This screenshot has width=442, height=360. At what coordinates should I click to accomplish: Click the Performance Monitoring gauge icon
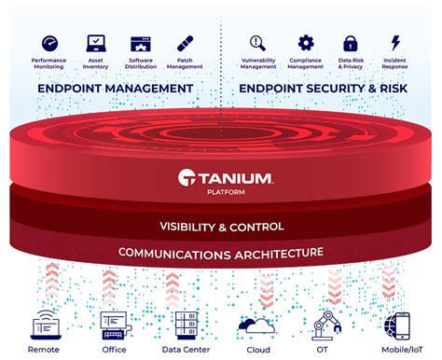pyautogui.click(x=50, y=43)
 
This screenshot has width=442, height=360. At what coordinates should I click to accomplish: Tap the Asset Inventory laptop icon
pyautogui.click(x=95, y=43)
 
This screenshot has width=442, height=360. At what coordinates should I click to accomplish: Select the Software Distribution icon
pyautogui.click(x=141, y=43)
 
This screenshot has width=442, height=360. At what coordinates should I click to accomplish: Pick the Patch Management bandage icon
pyautogui.click(x=186, y=43)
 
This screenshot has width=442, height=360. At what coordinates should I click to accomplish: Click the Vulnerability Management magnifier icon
pyautogui.click(x=259, y=43)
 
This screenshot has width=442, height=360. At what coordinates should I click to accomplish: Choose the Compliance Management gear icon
pyautogui.click(x=305, y=43)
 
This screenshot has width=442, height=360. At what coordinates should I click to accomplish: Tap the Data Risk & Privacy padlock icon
pyautogui.click(x=350, y=43)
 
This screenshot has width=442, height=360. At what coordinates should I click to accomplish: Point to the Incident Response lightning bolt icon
pyautogui.click(x=394, y=43)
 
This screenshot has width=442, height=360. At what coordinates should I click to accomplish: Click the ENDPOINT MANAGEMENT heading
pyautogui.click(x=116, y=89)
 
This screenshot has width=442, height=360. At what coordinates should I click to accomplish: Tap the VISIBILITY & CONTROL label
pyautogui.click(x=220, y=228)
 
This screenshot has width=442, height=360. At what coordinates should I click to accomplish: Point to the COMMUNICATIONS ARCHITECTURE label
pyautogui.click(x=220, y=253)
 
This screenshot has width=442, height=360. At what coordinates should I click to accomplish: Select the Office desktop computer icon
pyautogui.click(x=113, y=325)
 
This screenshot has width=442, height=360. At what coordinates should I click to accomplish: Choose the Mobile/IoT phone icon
pyautogui.click(x=397, y=325)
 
